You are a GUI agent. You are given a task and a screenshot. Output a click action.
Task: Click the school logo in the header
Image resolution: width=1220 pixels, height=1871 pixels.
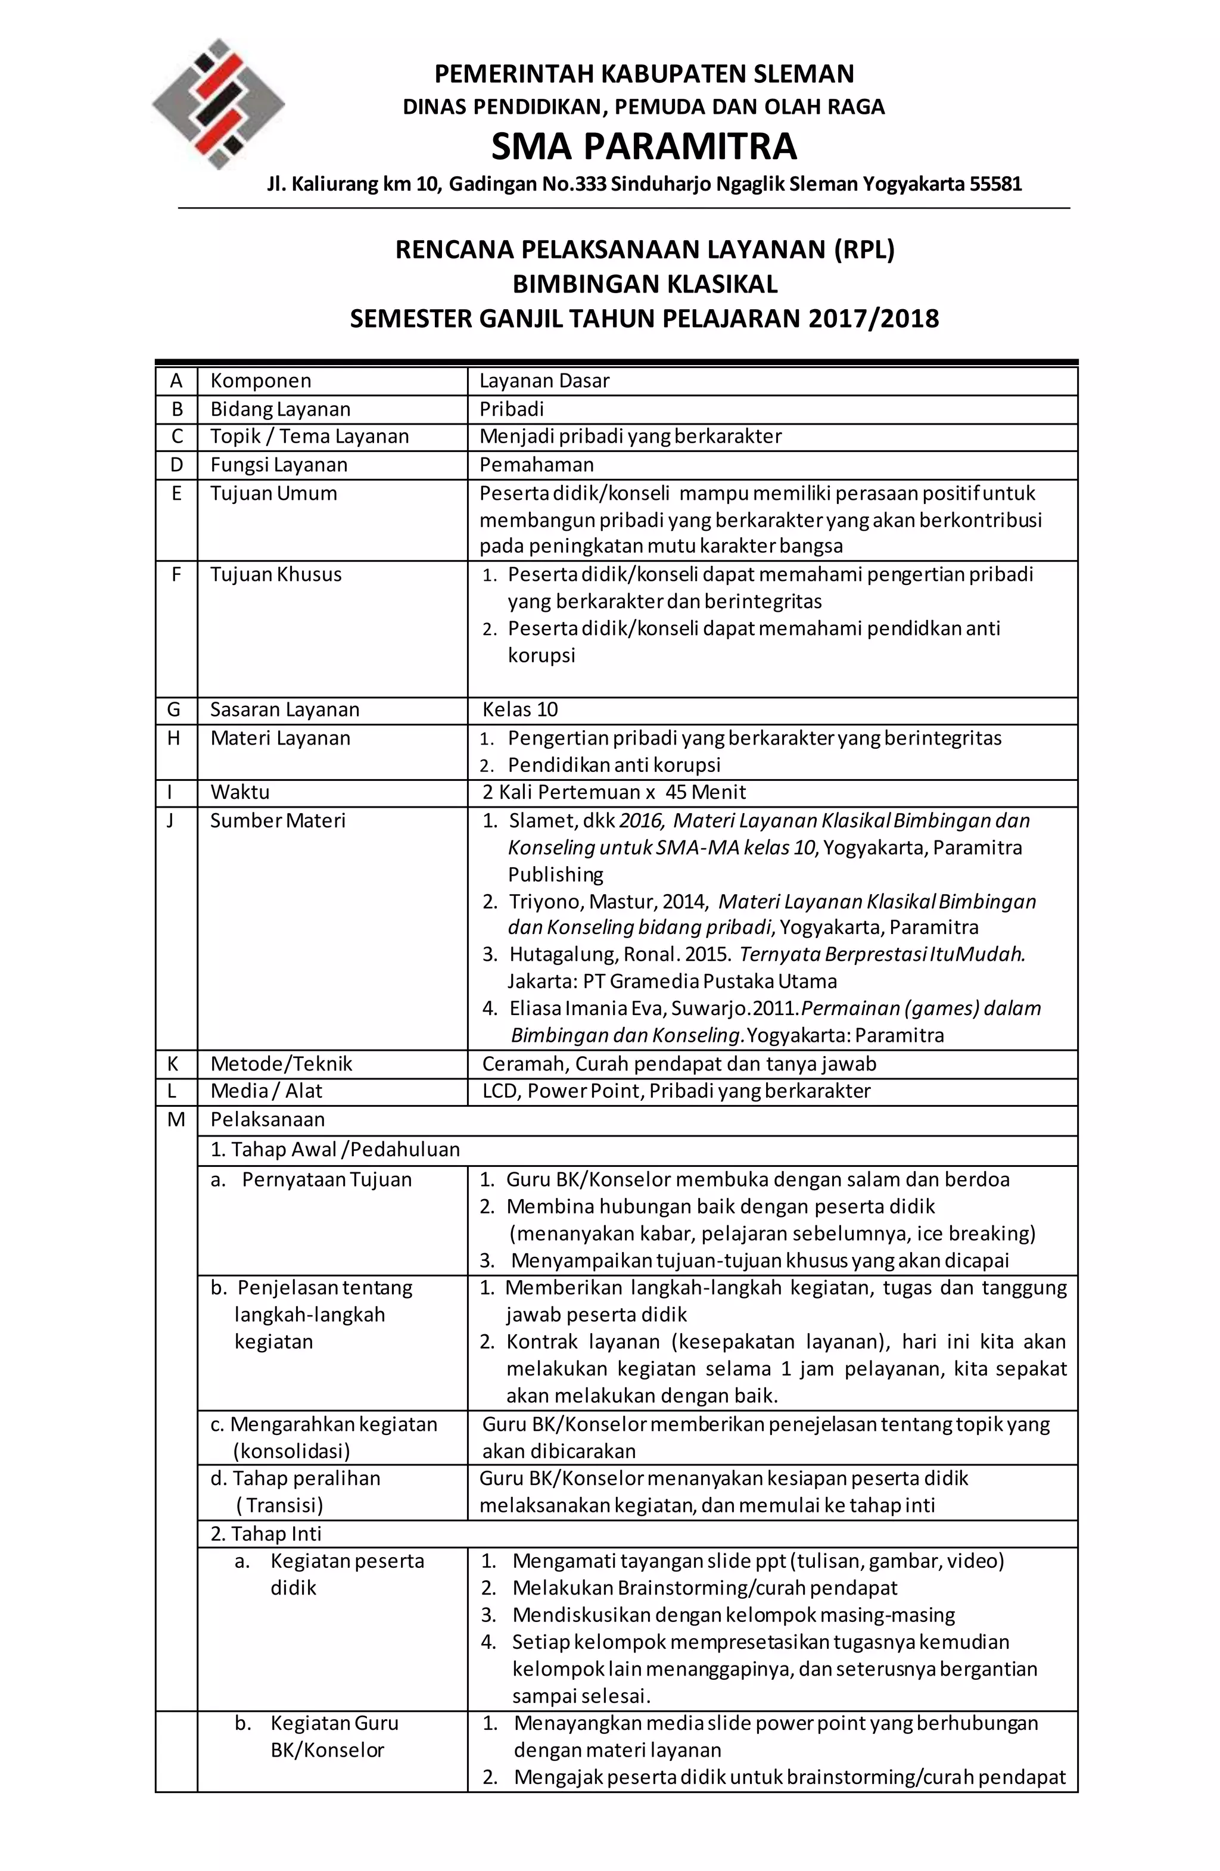tap(218, 104)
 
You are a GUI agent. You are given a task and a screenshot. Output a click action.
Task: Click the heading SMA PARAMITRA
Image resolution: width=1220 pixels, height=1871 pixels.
tap(644, 146)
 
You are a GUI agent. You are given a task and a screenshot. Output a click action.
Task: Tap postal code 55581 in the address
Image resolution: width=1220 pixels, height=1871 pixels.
tap(995, 184)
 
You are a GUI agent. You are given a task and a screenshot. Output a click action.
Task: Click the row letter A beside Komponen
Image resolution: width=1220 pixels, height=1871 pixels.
tap(176, 381)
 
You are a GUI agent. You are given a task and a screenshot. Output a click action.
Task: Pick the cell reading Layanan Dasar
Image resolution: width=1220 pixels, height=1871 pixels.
tap(544, 381)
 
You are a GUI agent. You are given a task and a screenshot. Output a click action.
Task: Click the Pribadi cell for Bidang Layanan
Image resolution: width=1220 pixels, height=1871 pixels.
tap(511, 409)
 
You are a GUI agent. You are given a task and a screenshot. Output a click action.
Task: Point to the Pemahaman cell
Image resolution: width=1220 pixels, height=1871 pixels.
tap(536, 465)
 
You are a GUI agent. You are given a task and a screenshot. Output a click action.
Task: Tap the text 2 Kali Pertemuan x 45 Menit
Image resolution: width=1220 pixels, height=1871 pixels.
tap(614, 792)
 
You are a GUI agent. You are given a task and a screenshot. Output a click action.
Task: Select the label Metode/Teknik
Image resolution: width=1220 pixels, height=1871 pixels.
tap(281, 1064)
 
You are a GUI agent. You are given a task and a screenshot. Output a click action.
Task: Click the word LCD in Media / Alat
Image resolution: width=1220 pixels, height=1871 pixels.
tap(501, 1091)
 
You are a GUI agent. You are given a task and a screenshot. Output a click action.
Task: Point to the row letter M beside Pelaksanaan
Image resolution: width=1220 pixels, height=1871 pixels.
tap(176, 1119)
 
